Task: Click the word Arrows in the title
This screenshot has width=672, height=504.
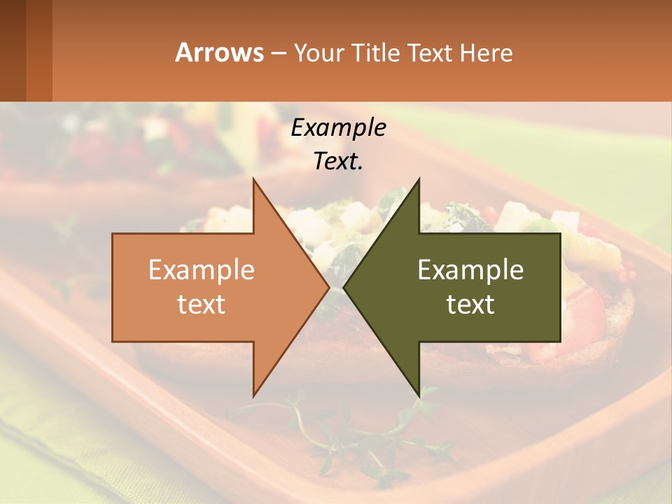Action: coord(219,52)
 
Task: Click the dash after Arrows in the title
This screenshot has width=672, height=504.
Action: coord(278,53)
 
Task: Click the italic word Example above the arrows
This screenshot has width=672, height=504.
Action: coord(338,128)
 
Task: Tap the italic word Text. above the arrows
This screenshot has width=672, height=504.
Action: coord(338,162)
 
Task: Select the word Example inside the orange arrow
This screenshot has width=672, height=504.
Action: coord(202,270)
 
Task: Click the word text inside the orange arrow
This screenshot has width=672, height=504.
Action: coord(202,304)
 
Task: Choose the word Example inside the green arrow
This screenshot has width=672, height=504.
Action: coord(470,270)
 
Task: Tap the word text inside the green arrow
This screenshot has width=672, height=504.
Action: coord(470,304)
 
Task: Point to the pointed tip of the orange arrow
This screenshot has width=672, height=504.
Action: coord(328,288)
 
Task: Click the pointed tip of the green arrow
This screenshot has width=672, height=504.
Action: coord(344,288)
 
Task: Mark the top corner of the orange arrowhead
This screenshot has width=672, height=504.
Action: coord(253,180)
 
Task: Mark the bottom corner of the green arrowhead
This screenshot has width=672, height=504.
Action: coord(419,395)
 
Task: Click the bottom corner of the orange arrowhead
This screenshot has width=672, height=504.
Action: coord(253,395)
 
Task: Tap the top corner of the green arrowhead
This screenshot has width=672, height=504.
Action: coord(419,180)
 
